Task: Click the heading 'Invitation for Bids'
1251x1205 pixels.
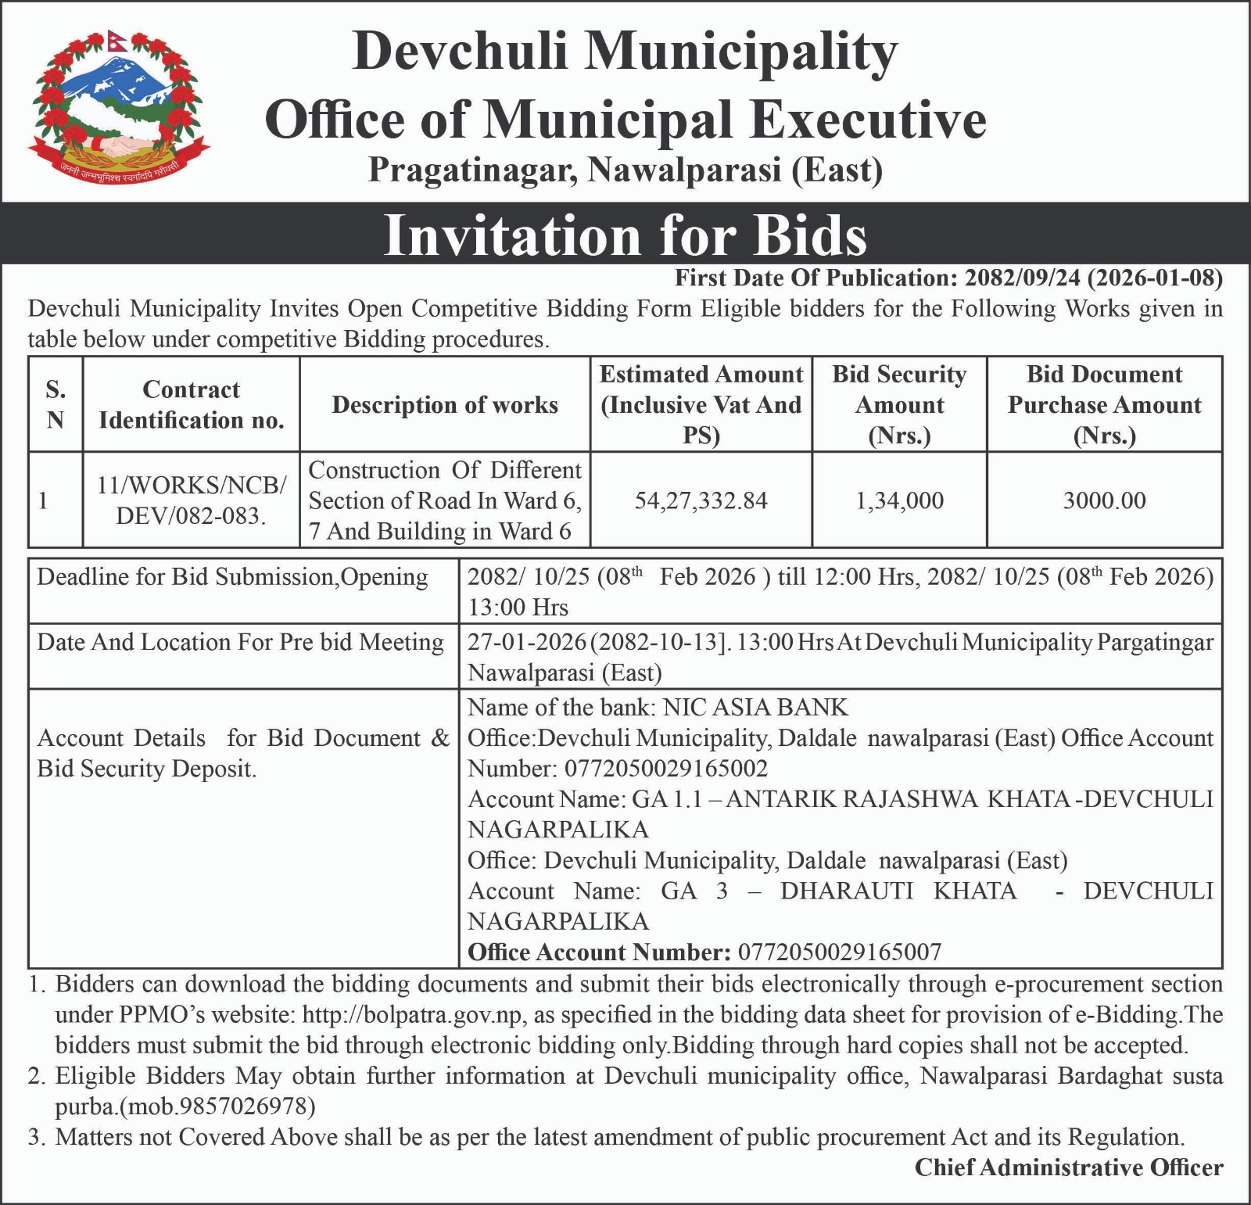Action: click(x=625, y=235)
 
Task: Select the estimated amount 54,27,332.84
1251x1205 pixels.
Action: click(x=701, y=500)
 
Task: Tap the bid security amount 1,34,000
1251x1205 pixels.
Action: click(x=899, y=500)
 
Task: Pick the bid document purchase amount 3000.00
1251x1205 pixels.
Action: click(x=1104, y=500)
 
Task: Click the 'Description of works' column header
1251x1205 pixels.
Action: click(x=445, y=405)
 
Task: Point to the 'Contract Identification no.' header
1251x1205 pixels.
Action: click(x=191, y=405)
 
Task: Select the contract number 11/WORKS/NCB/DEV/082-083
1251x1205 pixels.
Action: click(x=191, y=500)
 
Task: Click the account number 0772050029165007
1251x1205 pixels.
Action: click(x=840, y=952)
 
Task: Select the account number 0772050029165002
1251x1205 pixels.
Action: click(x=666, y=769)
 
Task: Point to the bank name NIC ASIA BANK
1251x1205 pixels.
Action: click(x=755, y=708)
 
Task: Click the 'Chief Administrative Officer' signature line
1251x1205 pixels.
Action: click(x=1069, y=1167)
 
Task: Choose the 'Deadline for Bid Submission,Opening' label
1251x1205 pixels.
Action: click(x=232, y=577)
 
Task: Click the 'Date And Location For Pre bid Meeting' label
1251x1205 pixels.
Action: click(x=240, y=643)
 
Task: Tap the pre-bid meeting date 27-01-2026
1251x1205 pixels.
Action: click(x=527, y=643)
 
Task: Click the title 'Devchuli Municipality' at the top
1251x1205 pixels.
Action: click(x=625, y=52)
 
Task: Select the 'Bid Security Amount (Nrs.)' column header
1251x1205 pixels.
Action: click(x=899, y=405)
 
